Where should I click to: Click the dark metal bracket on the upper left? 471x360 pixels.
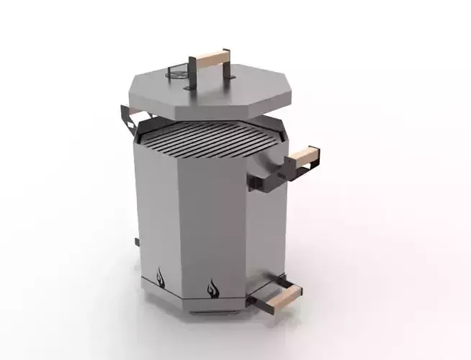point(130,115)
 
